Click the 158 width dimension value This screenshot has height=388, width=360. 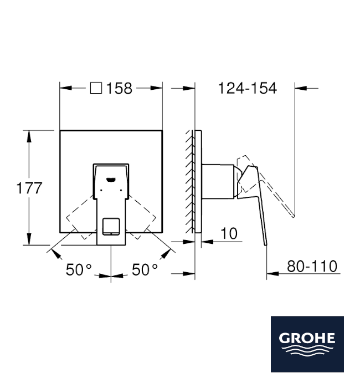[119, 88]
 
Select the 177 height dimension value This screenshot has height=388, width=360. [29, 187]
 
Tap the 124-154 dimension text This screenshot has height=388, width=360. [247, 88]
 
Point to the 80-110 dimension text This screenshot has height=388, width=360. [312, 266]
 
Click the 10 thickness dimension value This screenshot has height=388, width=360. [229, 233]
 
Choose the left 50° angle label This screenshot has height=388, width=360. [79, 269]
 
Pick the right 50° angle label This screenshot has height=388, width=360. [145, 269]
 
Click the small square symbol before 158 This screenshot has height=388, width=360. [96, 88]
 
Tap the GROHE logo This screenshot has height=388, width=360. [307, 344]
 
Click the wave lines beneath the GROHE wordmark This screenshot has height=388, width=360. [307, 351]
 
